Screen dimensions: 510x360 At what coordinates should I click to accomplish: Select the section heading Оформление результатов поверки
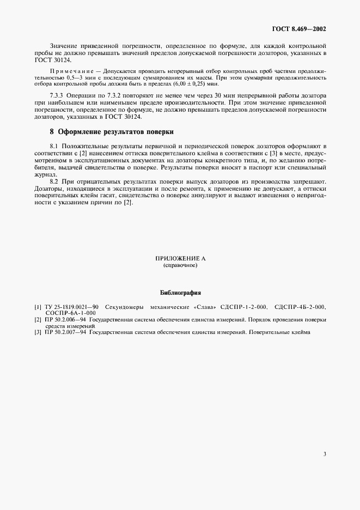[x=119, y=132]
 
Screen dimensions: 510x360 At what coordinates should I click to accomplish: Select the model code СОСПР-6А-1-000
[x=71, y=313]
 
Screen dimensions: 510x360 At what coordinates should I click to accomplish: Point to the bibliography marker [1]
[x=38, y=307]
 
